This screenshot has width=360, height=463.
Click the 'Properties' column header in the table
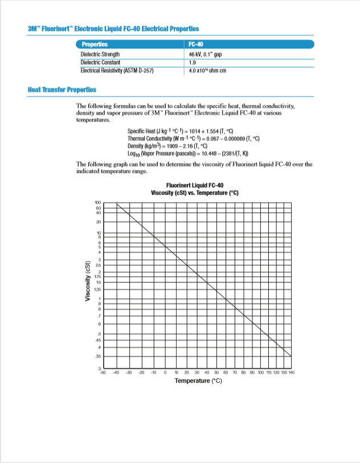95,44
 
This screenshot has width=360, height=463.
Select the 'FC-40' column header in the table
196,44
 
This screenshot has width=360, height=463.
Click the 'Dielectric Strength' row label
100,55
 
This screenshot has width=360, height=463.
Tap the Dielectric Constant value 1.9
192,63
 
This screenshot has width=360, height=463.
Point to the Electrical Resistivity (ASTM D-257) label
117,71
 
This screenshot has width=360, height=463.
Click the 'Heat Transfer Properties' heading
62,89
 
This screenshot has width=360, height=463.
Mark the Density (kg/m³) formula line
180,147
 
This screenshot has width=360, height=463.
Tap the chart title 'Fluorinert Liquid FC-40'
195,186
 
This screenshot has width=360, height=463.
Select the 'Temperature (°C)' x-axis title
198,380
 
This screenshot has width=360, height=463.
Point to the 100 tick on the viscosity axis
97,203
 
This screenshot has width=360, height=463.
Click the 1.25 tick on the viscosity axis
97,288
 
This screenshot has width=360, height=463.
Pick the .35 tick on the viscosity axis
97,356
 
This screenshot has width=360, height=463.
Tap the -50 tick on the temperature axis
103,372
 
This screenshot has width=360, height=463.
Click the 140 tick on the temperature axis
291,372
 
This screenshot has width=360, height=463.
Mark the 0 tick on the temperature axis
165,372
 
